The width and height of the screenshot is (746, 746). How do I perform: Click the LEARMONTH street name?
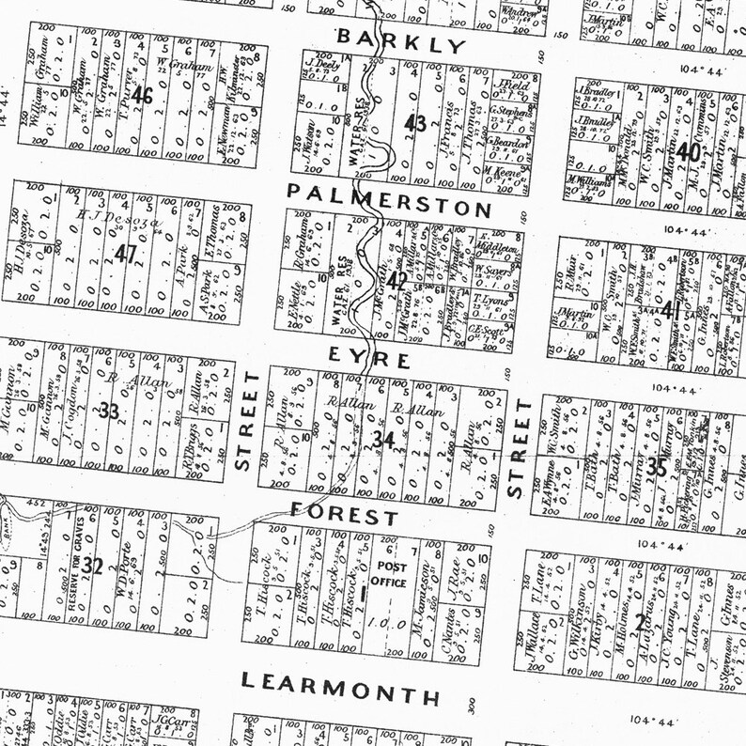tap(340, 688)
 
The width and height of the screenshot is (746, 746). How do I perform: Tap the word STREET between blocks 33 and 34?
tap(246, 420)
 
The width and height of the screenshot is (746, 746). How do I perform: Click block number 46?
tap(143, 95)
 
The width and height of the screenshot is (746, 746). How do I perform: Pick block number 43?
tap(414, 123)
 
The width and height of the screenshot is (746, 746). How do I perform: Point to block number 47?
tap(125, 253)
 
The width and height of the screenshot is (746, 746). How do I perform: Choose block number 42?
tap(397, 278)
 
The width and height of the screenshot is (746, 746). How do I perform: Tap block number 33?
tap(109, 411)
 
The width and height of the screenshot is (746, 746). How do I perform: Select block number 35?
tap(657, 468)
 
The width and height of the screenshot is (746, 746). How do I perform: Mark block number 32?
tap(92, 566)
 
